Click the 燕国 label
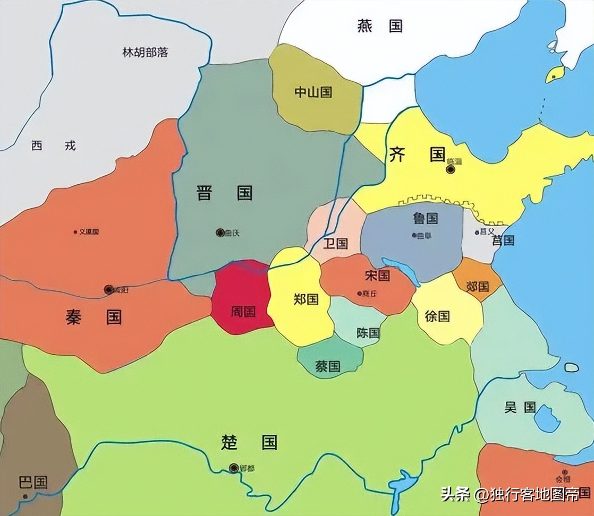[380, 26]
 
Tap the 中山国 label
[313, 92]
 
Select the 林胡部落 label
[145, 53]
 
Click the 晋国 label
[224, 193]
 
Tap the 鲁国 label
[425, 218]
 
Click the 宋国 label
[377, 276]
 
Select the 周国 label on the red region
[243, 311]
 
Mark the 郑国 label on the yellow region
[306, 299]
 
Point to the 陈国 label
[368, 333]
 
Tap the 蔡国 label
[328, 366]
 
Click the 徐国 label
[437, 316]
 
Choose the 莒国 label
[503, 240]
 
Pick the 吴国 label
[520, 407]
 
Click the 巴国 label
[33, 482]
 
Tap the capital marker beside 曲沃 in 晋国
[220, 233]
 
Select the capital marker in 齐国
[451, 169]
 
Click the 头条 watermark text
[455, 495]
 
